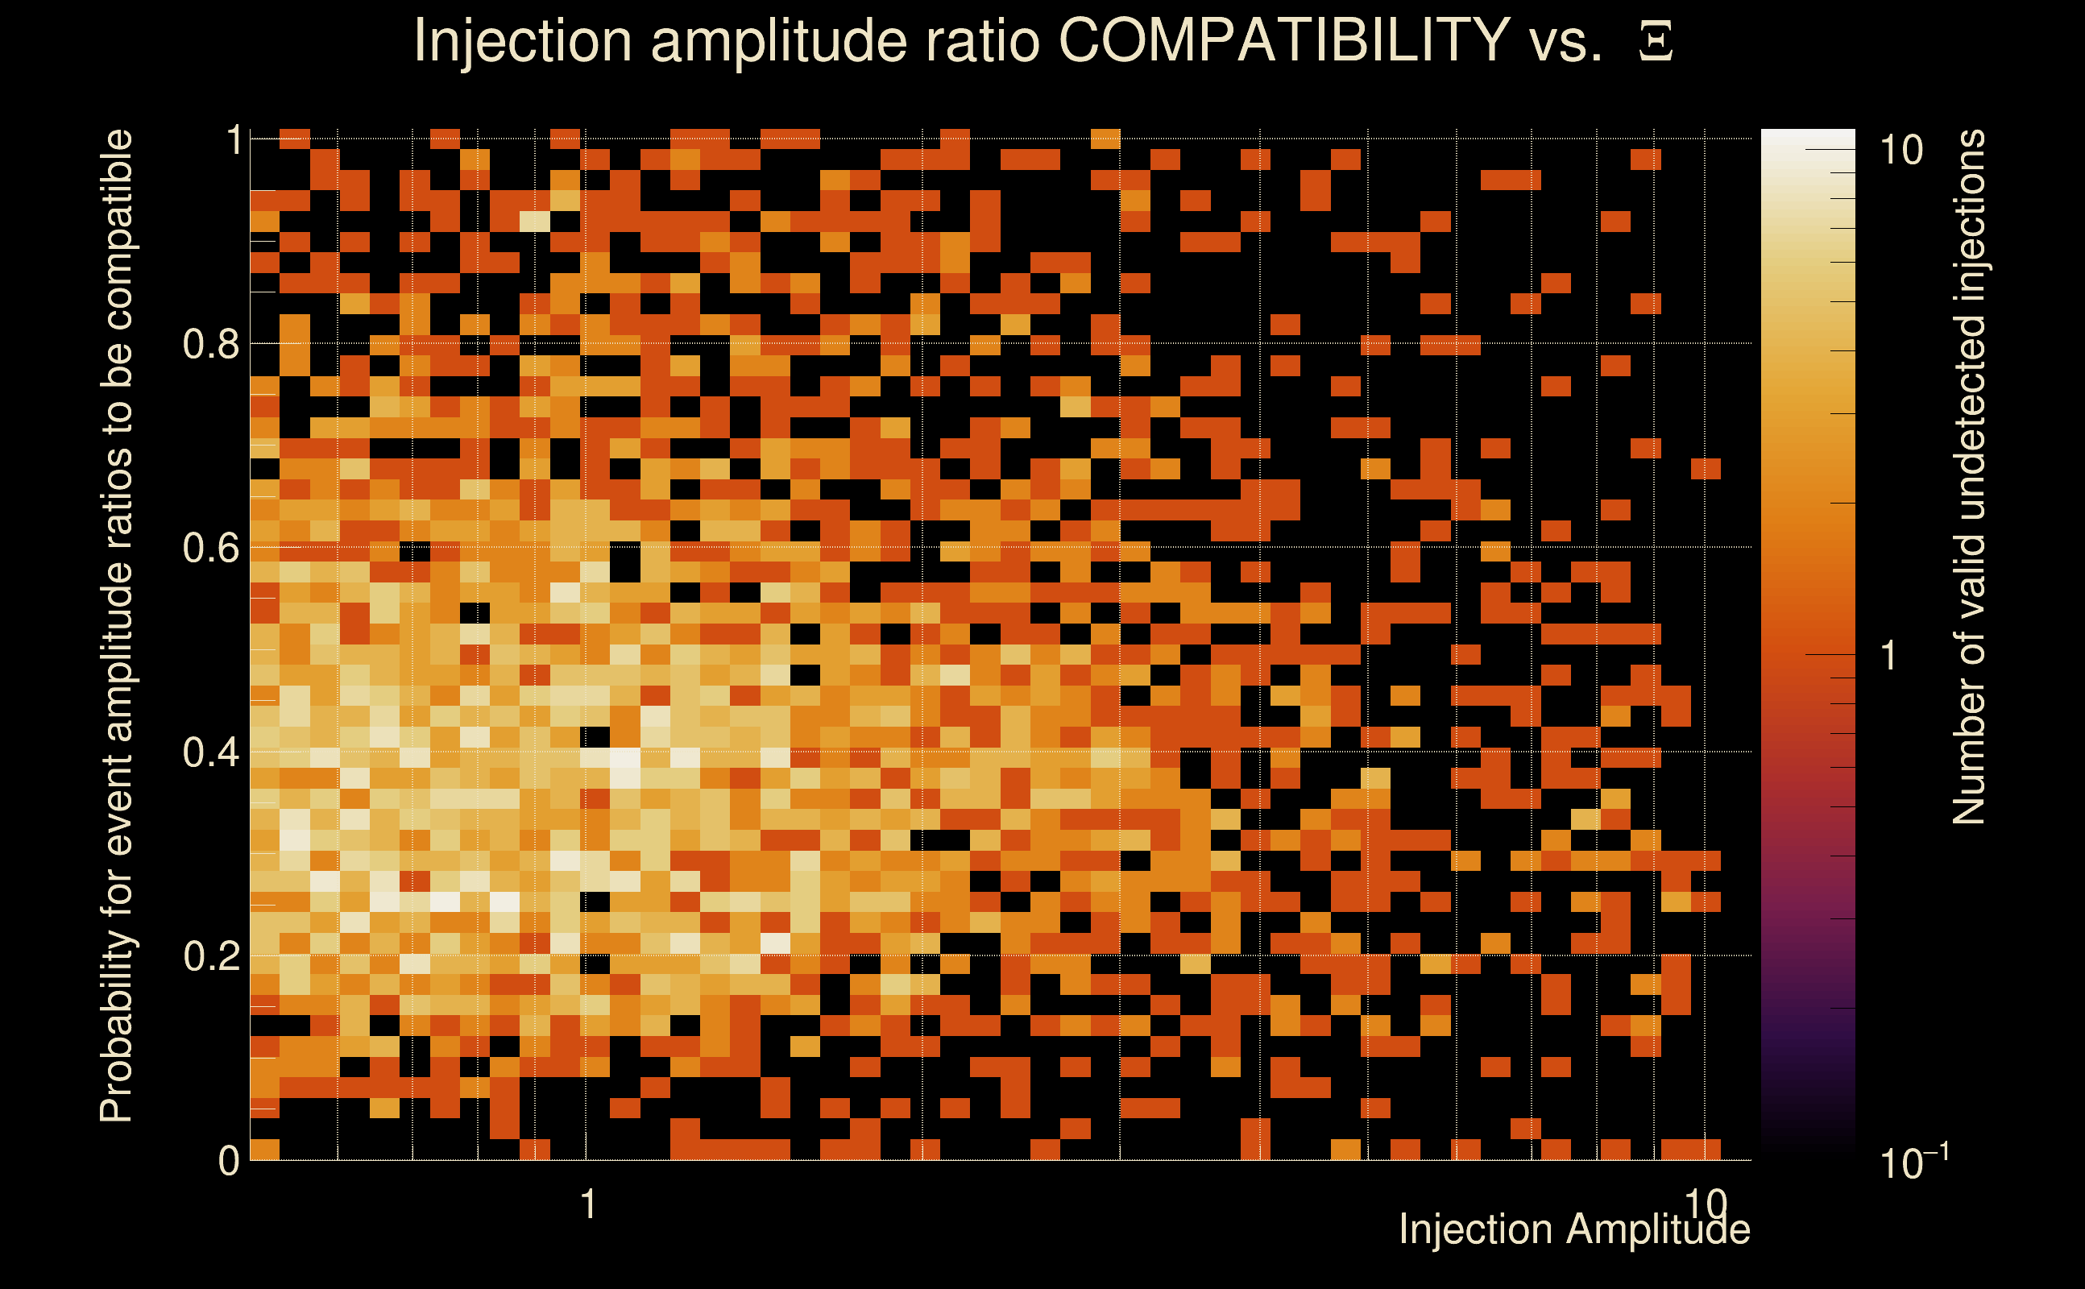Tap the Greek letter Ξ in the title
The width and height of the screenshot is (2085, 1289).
tap(1656, 42)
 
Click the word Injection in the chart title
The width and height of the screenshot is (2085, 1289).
tap(522, 40)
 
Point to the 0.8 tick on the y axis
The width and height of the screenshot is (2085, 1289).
tap(210, 345)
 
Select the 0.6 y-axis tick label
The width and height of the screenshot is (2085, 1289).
tap(210, 548)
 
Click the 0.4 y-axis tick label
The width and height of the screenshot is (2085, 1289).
tap(210, 752)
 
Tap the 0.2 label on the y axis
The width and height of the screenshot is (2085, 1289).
tap(210, 956)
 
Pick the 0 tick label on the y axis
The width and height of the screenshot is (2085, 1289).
tap(229, 1161)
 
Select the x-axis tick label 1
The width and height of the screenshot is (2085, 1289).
tap(587, 1204)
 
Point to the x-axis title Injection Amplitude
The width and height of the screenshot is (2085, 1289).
tap(1574, 1229)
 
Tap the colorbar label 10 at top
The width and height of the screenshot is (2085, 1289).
tap(1901, 151)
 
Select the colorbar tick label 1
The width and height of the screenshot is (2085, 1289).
tap(1889, 656)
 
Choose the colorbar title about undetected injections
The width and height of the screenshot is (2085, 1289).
tap(1969, 478)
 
